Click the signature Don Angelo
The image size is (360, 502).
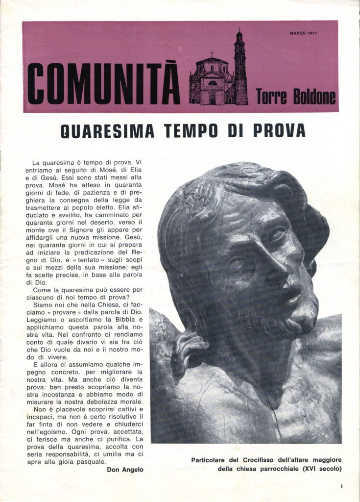point(125,470)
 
